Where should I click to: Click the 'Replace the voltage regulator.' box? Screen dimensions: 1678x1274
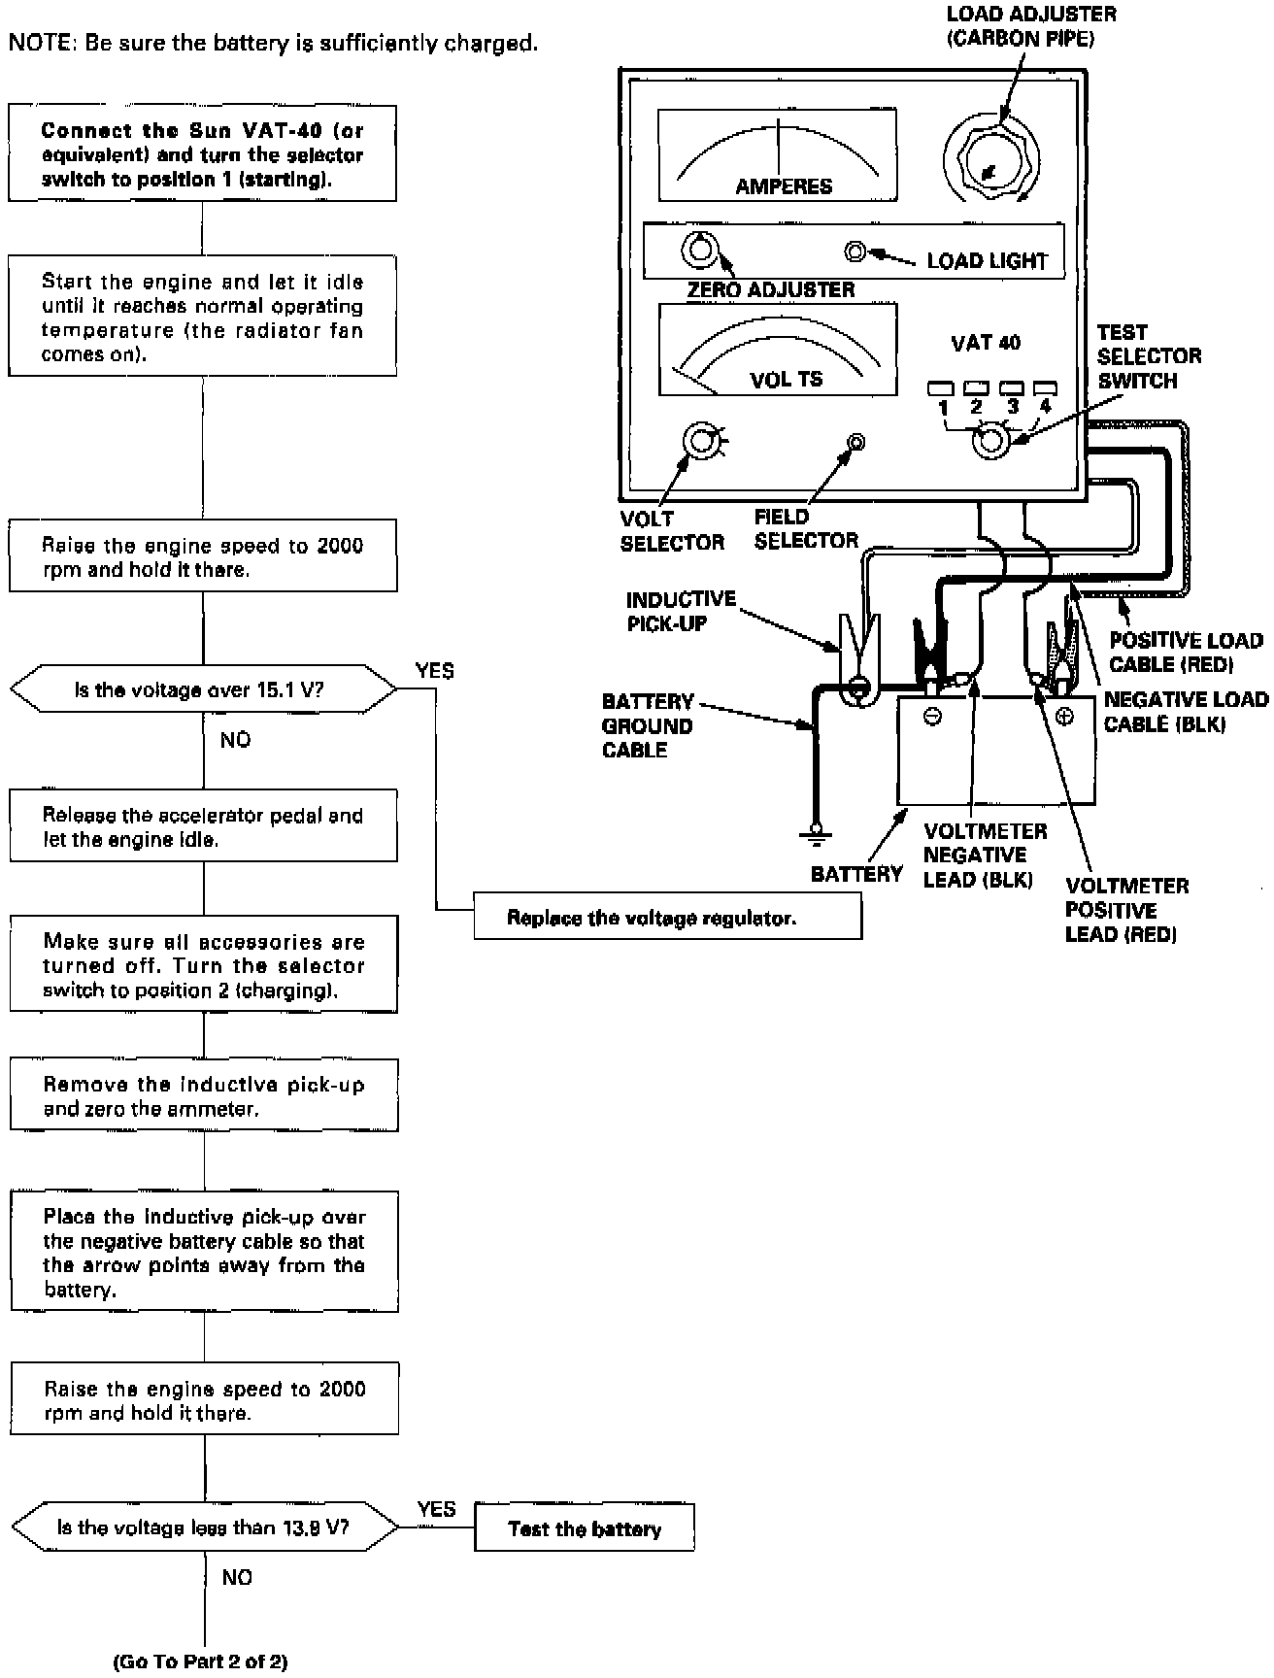point(667,917)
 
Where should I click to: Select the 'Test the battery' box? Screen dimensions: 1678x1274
point(584,1528)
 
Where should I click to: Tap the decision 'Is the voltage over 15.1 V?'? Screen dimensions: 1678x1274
point(203,689)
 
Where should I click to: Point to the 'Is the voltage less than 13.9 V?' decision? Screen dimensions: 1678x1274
point(204,1527)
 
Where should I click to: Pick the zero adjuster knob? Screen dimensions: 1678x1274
point(696,251)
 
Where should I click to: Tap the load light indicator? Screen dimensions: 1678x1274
point(855,252)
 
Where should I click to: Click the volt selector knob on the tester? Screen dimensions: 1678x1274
point(700,442)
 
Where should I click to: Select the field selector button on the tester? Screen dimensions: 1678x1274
point(855,442)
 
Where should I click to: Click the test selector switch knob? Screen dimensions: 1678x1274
point(990,442)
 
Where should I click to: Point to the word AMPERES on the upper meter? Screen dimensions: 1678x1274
point(783,186)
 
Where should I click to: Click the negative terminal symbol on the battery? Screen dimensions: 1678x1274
point(932,718)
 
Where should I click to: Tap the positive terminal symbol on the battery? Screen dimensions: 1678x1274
point(1064,718)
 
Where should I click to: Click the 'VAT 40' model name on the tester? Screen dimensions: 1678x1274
point(985,343)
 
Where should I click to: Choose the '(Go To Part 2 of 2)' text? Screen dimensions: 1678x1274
point(201,1661)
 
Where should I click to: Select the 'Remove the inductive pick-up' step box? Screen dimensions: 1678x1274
point(204,1095)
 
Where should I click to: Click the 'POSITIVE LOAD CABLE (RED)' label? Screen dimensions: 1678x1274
point(1186,653)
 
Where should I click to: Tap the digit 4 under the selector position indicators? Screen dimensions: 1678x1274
point(1045,407)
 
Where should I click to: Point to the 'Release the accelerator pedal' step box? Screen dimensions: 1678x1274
point(204,826)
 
